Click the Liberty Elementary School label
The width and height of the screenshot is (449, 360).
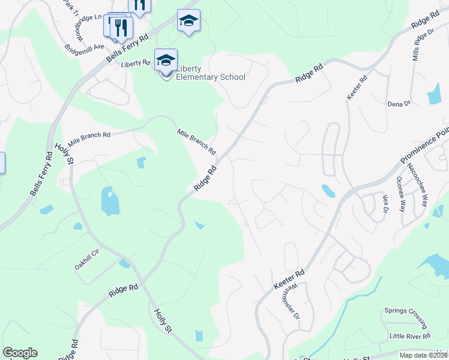pyautogui.click(x=210, y=73)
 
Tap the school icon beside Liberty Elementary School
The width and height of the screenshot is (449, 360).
pyautogui.click(x=166, y=60)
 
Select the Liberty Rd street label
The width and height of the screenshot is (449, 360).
pyautogui.click(x=136, y=63)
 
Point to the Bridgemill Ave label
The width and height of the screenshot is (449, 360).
pyautogui.click(x=85, y=46)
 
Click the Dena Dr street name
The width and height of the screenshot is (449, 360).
pyautogui.click(x=399, y=103)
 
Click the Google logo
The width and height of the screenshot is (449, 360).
pyautogui.click(x=20, y=353)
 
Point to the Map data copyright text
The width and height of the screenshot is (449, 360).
pyautogui.click(x=424, y=355)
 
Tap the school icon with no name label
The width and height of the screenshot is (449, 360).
pyautogui.click(x=188, y=21)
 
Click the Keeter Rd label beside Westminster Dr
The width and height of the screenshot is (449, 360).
pyautogui.click(x=290, y=278)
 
